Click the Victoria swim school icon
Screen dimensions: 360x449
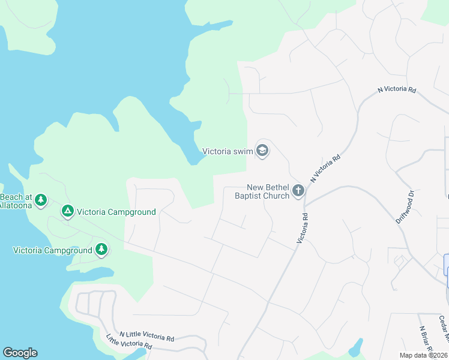tap(262, 150)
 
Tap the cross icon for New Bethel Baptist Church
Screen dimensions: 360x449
tap(298, 191)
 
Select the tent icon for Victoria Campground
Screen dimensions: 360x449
tap(68, 211)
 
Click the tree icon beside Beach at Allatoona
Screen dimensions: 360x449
tap(40, 199)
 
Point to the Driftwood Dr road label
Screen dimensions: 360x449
tap(405, 207)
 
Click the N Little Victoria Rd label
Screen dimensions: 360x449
tap(146, 338)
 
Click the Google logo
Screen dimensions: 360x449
tap(20, 353)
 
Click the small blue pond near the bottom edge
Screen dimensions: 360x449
tap(356, 347)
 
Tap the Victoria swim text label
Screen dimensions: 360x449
tap(228, 151)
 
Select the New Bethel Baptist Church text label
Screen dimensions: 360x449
tap(262, 191)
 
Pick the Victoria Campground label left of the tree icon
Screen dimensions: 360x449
tap(53, 250)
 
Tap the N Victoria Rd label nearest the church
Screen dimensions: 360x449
tap(325, 169)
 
